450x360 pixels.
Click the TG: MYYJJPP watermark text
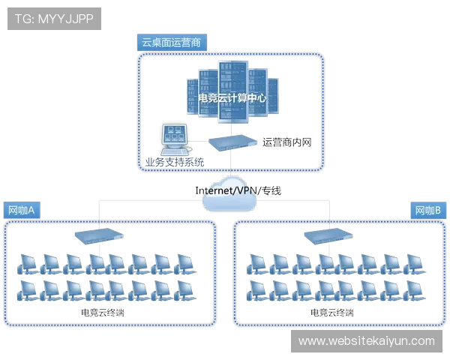pyautogui.click(x=54, y=18)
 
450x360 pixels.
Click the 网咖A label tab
pyautogui.click(x=22, y=210)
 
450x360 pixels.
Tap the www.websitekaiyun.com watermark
pyautogui.click(x=366, y=340)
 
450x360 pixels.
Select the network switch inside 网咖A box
pyautogui.click(x=99, y=235)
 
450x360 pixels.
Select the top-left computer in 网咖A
pyautogui.click(x=27, y=263)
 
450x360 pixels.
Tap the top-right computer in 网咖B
pyautogui.click(x=414, y=263)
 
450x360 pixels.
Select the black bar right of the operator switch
pyautogui.click(x=284, y=139)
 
